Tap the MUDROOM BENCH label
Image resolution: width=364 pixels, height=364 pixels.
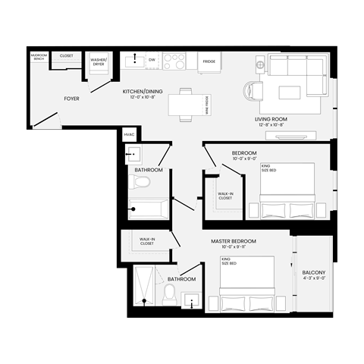click(39, 57)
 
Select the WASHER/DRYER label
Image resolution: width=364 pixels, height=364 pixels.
click(99, 61)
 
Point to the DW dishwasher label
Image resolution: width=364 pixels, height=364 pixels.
click(152, 58)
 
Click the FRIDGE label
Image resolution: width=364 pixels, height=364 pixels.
click(209, 62)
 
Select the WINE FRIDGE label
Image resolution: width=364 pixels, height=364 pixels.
click(207, 104)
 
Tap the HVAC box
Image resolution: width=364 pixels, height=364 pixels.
click(129, 136)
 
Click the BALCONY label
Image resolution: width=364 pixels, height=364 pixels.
click(314, 275)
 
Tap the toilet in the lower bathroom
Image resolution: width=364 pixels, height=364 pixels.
click(170, 295)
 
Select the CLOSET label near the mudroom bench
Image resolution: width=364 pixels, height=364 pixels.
click(66, 55)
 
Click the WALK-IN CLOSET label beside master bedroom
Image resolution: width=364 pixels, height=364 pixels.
click(147, 242)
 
